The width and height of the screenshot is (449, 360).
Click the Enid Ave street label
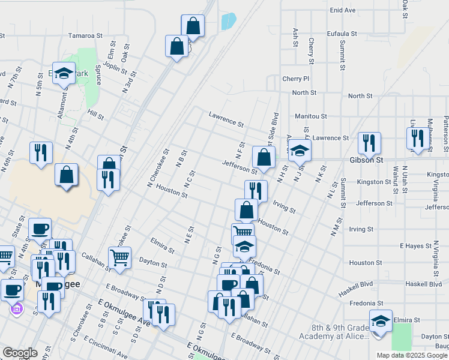[x=343, y=10]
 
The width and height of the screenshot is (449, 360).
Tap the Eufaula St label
[x=342, y=34]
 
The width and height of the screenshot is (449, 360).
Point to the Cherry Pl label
[x=295, y=79]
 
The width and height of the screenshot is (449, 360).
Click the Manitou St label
[x=310, y=116]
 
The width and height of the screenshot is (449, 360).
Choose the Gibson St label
[x=366, y=161]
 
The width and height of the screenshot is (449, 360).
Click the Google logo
[x=19, y=353]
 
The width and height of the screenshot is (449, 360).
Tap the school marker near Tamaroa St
[x=64, y=74]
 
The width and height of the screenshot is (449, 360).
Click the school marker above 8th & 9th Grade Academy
[x=380, y=321]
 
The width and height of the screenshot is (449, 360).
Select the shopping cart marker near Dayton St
[x=119, y=257]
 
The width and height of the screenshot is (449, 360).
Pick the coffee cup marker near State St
[x=40, y=229]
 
